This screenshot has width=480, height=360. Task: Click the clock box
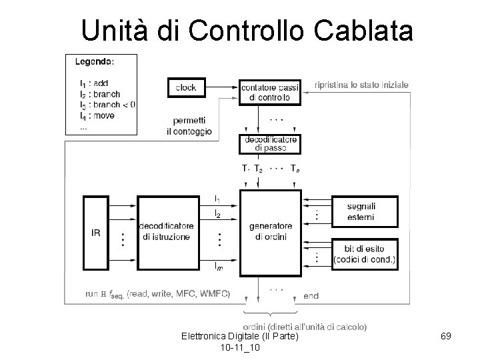[186, 87]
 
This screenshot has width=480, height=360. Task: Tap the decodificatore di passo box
[269, 144]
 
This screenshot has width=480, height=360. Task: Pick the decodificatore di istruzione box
[167, 233]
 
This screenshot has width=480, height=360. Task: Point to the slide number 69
[446, 337]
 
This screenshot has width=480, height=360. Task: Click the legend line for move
[97, 115]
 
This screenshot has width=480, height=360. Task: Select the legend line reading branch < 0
[107, 105]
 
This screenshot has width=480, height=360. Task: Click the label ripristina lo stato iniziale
[364, 85]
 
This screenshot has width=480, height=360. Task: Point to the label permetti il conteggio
[189, 126]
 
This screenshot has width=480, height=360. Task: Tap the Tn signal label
[294, 169]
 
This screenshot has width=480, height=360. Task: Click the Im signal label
[219, 267]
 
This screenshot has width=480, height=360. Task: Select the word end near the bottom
[311, 295]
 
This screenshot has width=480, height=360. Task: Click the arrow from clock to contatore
[222, 87]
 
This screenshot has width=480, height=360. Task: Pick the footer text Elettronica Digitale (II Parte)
[239, 337]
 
